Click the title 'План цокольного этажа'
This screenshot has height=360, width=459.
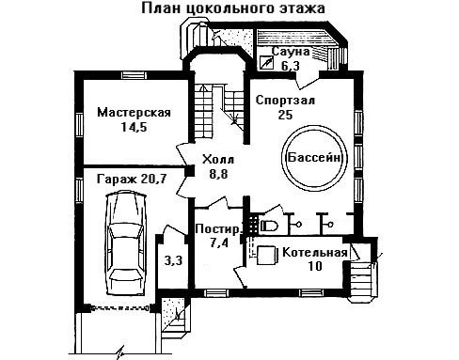click(232, 8)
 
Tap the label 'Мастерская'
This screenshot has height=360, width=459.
click(134, 113)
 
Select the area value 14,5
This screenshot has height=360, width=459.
click(134, 127)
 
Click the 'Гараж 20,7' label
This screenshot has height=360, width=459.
click(131, 180)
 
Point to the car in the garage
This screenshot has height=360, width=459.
click(126, 243)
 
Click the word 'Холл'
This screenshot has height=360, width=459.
click(218, 160)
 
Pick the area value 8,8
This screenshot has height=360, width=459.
click(218, 174)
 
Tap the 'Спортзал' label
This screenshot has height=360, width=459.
click(285, 101)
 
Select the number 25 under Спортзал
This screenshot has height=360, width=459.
click(285, 115)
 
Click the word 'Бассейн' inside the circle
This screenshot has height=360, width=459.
click(314, 157)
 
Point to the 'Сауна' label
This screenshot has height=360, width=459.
click(291, 52)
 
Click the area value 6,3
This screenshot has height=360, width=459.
click(291, 66)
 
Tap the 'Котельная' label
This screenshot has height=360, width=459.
click(315, 253)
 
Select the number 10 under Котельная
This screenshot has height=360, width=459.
click(315, 266)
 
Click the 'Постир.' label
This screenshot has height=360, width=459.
click(218, 229)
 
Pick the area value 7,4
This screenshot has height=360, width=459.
click(219, 243)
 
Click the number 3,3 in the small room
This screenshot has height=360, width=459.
click(173, 260)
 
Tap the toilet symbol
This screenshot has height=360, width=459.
click(269, 226)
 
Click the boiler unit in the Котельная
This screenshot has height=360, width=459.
click(267, 256)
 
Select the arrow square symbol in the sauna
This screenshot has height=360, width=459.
click(265, 63)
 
